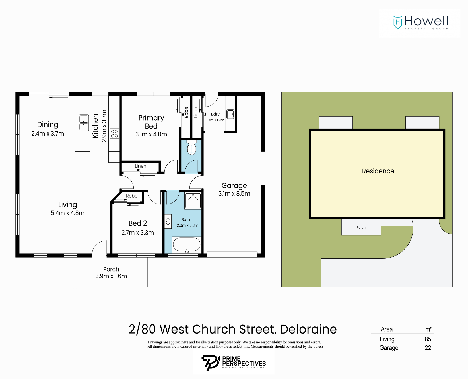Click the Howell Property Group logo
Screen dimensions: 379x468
pyautogui.click(x=420, y=23)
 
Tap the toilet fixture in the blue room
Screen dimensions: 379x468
pyautogui.click(x=192, y=148)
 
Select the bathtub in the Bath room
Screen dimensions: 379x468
pyautogui.click(x=187, y=245)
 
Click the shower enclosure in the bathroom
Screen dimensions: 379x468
pyautogui.click(x=193, y=201)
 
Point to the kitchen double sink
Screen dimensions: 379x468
pyautogui.click(x=84, y=123)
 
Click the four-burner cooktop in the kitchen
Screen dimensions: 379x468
pyautogui.click(x=114, y=134)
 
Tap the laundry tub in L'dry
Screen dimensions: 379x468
pyautogui.click(x=230, y=114)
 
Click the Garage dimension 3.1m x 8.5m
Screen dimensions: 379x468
pyautogui.click(x=234, y=194)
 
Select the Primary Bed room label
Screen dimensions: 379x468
pyautogui.click(x=151, y=122)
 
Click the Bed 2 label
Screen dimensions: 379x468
pyautogui.click(x=138, y=223)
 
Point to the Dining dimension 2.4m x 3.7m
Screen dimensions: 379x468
pyautogui.click(x=48, y=134)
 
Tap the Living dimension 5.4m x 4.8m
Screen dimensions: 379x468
pyautogui.click(x=67, y=213)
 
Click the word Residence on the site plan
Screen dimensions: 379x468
pyautogui.click(x=378, y=171)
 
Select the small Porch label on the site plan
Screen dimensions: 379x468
pyautogui.click(x=361, y=227)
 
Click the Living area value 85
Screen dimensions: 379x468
pyautogui.click(x=428, y=339)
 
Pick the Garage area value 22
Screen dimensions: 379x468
pyautogui.click(x=428, y=348)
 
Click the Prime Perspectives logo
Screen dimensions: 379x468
pyautogui.click(x=234, y=363)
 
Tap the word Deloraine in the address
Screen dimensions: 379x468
pyautogui.click(x=308, y=329)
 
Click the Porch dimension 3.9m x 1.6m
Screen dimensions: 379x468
pyautogui.click(x=111, y=276)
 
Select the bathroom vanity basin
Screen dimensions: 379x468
pyautogui.click(x=168, y=221)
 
